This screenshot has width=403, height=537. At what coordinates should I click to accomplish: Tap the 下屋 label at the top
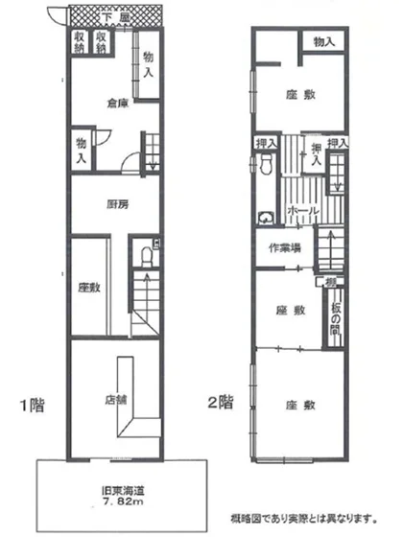(x=115, y=18)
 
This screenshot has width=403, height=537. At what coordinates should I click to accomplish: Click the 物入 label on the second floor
(x=323, y=41)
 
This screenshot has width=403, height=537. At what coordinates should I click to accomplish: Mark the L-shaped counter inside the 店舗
(x=129, y=393)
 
